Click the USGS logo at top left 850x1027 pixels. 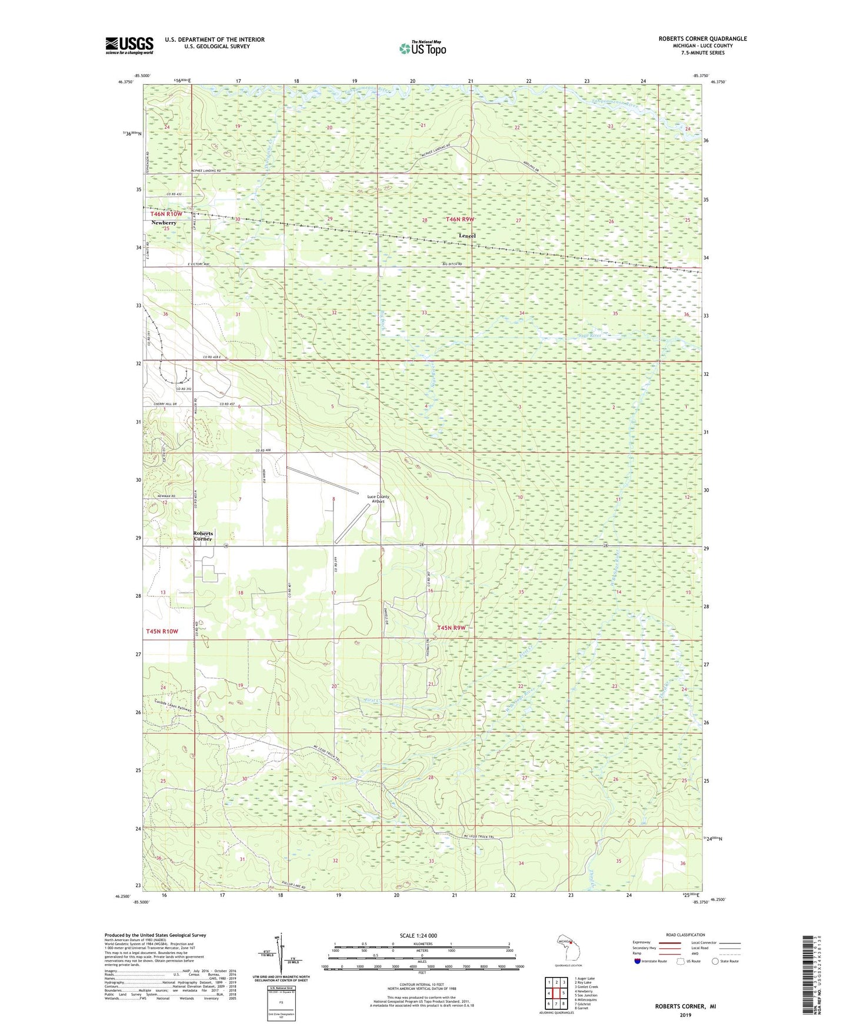tap(129, 45)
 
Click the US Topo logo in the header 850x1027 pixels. tap(422, 48)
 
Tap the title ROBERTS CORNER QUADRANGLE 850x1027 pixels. tap(702, 39)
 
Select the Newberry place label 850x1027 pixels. tap(164, 223)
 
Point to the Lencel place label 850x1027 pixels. tap(467, 236)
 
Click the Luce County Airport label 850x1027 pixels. tap(378, 499)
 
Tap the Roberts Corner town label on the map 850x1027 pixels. tap(203, 536)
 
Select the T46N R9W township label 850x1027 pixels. tap(460, 219)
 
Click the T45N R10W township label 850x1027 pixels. tap(162, 631)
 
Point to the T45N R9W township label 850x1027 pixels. tap(451, 628)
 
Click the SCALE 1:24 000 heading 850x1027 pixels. tap(418, 936)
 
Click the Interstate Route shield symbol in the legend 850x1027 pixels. tap(638, 961)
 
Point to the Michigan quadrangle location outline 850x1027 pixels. tap(567, 948)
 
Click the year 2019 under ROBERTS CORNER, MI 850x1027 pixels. tap(685, 1015)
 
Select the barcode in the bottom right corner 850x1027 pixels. tap(807, 975)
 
